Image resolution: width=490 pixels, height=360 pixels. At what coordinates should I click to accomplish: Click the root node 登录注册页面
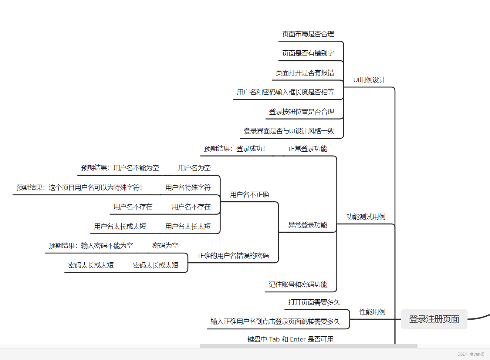434,319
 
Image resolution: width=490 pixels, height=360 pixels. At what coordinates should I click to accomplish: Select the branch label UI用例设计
369,80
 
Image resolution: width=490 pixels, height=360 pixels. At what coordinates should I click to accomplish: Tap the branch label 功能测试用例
366,217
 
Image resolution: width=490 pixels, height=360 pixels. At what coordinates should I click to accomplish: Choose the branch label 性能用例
372,312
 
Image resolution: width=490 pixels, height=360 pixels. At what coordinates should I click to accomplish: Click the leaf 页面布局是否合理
308,34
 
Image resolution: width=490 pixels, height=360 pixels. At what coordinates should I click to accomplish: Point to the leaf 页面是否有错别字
308,53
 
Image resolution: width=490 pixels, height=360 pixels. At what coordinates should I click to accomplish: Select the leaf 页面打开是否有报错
305,73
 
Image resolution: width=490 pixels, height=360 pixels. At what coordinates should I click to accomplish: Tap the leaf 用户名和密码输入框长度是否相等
285,92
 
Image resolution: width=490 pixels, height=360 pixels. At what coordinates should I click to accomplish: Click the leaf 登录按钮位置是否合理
301,112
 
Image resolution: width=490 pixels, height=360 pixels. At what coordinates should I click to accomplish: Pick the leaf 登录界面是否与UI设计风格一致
289,131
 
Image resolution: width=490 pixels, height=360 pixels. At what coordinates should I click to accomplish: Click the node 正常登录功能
308,149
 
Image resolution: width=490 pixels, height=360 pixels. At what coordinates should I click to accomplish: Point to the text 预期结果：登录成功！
234,149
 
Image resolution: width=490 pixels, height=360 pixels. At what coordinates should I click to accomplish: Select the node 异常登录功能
308,225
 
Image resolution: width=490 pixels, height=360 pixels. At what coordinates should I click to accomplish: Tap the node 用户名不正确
250,195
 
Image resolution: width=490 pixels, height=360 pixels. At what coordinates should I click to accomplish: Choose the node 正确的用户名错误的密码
233,256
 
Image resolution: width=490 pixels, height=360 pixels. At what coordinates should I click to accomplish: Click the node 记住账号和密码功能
298,285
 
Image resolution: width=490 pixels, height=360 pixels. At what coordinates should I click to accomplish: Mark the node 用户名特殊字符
188,188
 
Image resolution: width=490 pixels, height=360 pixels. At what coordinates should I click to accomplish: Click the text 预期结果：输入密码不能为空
91,246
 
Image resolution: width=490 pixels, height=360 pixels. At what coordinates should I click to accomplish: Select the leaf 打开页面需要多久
314,302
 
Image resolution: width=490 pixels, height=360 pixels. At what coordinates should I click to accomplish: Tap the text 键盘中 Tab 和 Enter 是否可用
291,339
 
